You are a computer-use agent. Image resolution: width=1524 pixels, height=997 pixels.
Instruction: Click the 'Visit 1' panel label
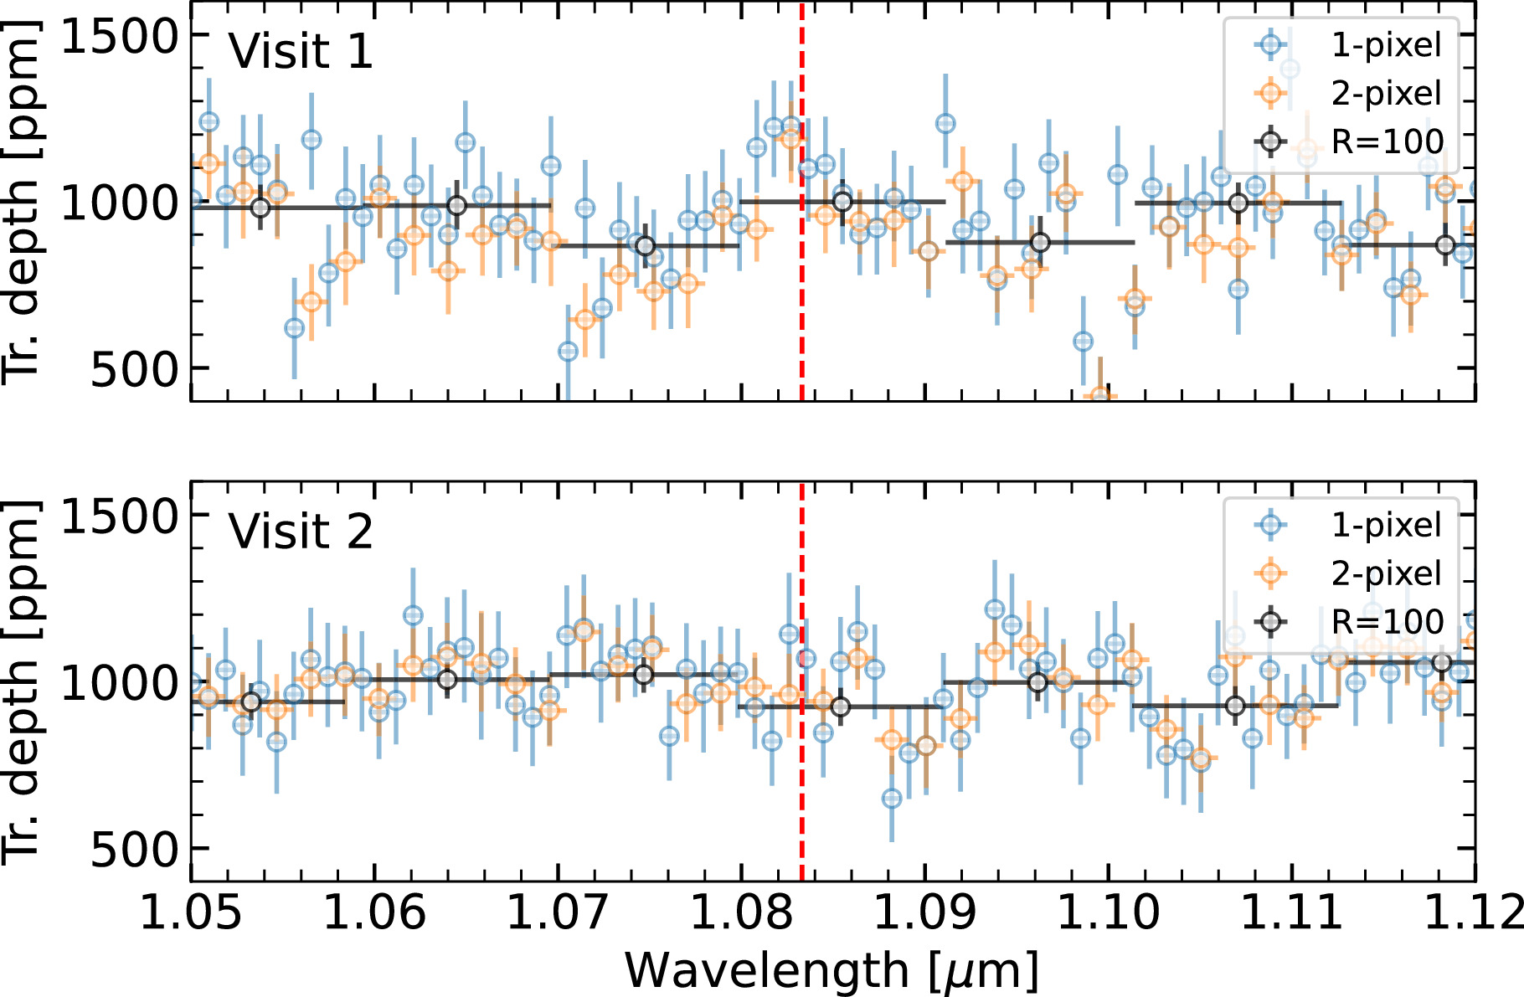coord(301,51)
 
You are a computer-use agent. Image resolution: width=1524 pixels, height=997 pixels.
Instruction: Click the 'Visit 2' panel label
coord(301,532)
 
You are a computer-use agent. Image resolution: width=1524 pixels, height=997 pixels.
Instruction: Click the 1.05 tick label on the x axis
coord(191,912)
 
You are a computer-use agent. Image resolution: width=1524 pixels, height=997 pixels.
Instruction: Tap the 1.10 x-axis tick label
coord(1109,912)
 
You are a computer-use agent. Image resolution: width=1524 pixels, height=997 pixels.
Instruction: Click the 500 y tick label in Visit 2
coord(135,849)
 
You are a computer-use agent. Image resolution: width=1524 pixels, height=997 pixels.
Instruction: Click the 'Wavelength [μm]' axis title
coord(832,971)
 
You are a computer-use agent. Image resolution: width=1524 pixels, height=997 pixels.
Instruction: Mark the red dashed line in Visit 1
coord(802,202)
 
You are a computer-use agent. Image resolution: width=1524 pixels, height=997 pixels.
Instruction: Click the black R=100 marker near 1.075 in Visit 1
coord(645,246)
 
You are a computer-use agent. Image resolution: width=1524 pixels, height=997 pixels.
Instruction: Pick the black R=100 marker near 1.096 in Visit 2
coord(1037,682)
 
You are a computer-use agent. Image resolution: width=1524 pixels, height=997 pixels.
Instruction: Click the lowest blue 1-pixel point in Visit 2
coord(892,799)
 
